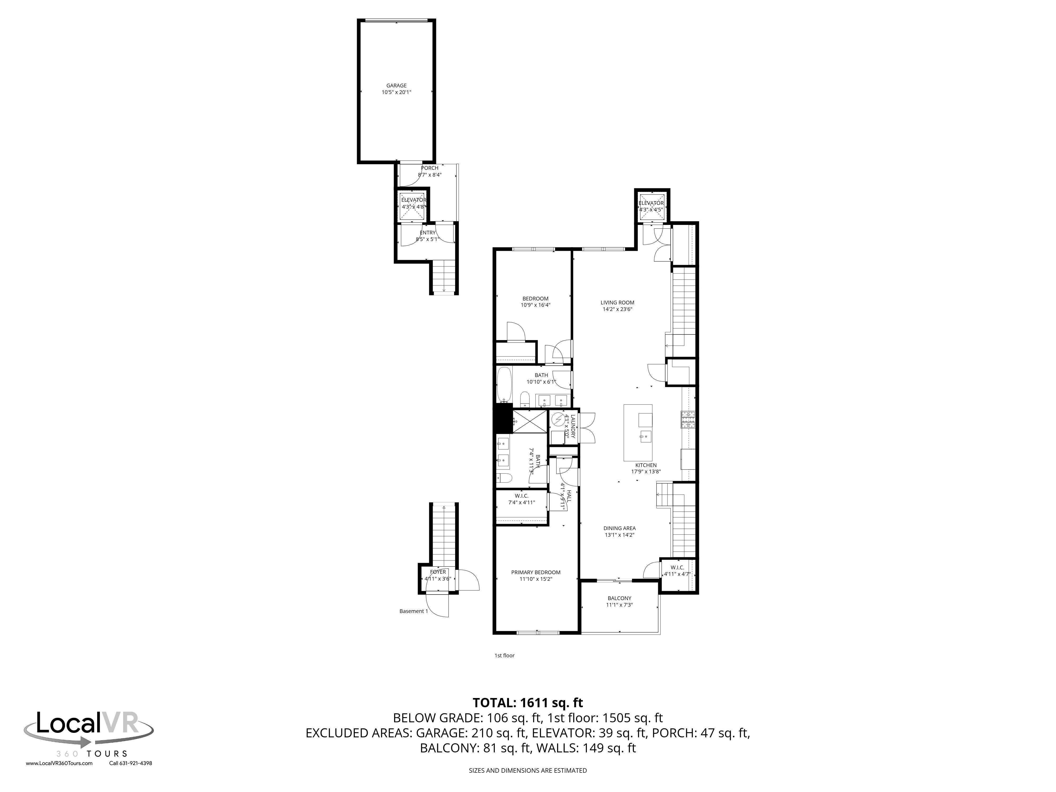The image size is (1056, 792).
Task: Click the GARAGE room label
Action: point(396,86)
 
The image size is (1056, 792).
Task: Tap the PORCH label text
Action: point(430,168)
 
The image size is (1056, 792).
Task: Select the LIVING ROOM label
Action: point(617,302)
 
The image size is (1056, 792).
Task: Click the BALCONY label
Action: point(619,598)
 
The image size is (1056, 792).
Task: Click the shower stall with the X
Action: point(530,421)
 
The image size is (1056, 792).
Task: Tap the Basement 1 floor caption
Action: point(413,611)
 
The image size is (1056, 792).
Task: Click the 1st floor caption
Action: point(504,656)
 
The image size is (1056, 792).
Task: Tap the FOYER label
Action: point(438,572)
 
